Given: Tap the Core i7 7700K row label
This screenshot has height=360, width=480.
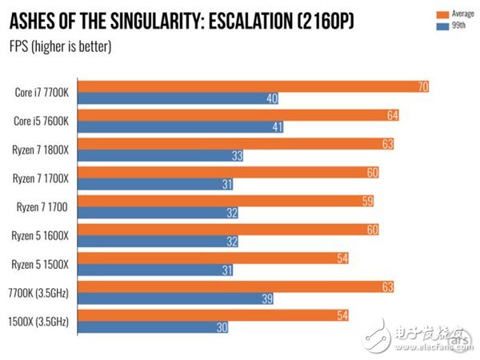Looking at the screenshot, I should (42, 92).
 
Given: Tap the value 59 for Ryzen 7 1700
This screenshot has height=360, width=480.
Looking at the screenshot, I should (367, 200).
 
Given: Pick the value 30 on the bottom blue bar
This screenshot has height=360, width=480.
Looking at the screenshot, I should (221, 328).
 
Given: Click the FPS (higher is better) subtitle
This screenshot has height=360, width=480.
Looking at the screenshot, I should (61, 46).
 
